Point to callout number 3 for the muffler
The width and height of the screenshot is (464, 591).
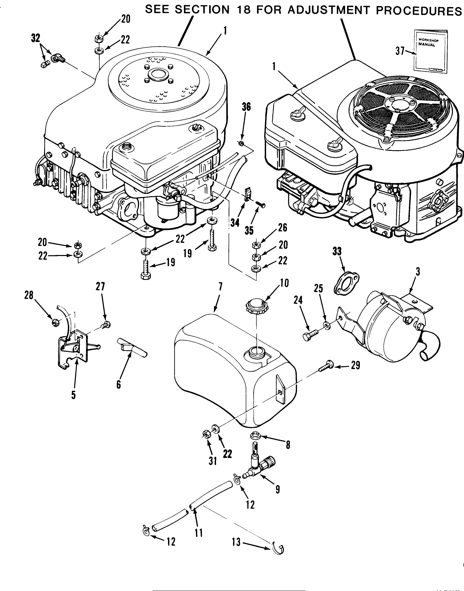[x=418, y=272]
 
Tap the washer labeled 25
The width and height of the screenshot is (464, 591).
[x=326, y=325]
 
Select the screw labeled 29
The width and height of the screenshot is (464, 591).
[x=324, y=364]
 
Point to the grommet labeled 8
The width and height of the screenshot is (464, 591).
[x=257, y=436]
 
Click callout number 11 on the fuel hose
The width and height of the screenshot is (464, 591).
[x=199, y=532]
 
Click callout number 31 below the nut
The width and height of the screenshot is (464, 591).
[x=212, y=461]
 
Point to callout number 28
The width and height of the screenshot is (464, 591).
[x=29, y=295]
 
